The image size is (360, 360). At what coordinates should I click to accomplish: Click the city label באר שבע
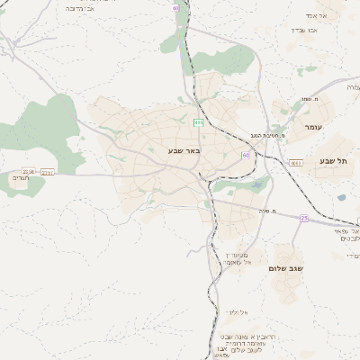(x=182, y=150)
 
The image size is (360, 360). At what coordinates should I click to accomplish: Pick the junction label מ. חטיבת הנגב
(x=269, y=134)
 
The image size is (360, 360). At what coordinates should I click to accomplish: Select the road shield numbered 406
(x=198, y=121)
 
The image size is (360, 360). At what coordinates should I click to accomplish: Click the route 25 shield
(x=304, y=219)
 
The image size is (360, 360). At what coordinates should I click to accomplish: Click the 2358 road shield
(x=29, y=171)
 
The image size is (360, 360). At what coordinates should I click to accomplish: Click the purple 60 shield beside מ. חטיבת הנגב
(x=245, y=155)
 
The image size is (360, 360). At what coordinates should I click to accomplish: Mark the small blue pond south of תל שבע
(x=261, y=185)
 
